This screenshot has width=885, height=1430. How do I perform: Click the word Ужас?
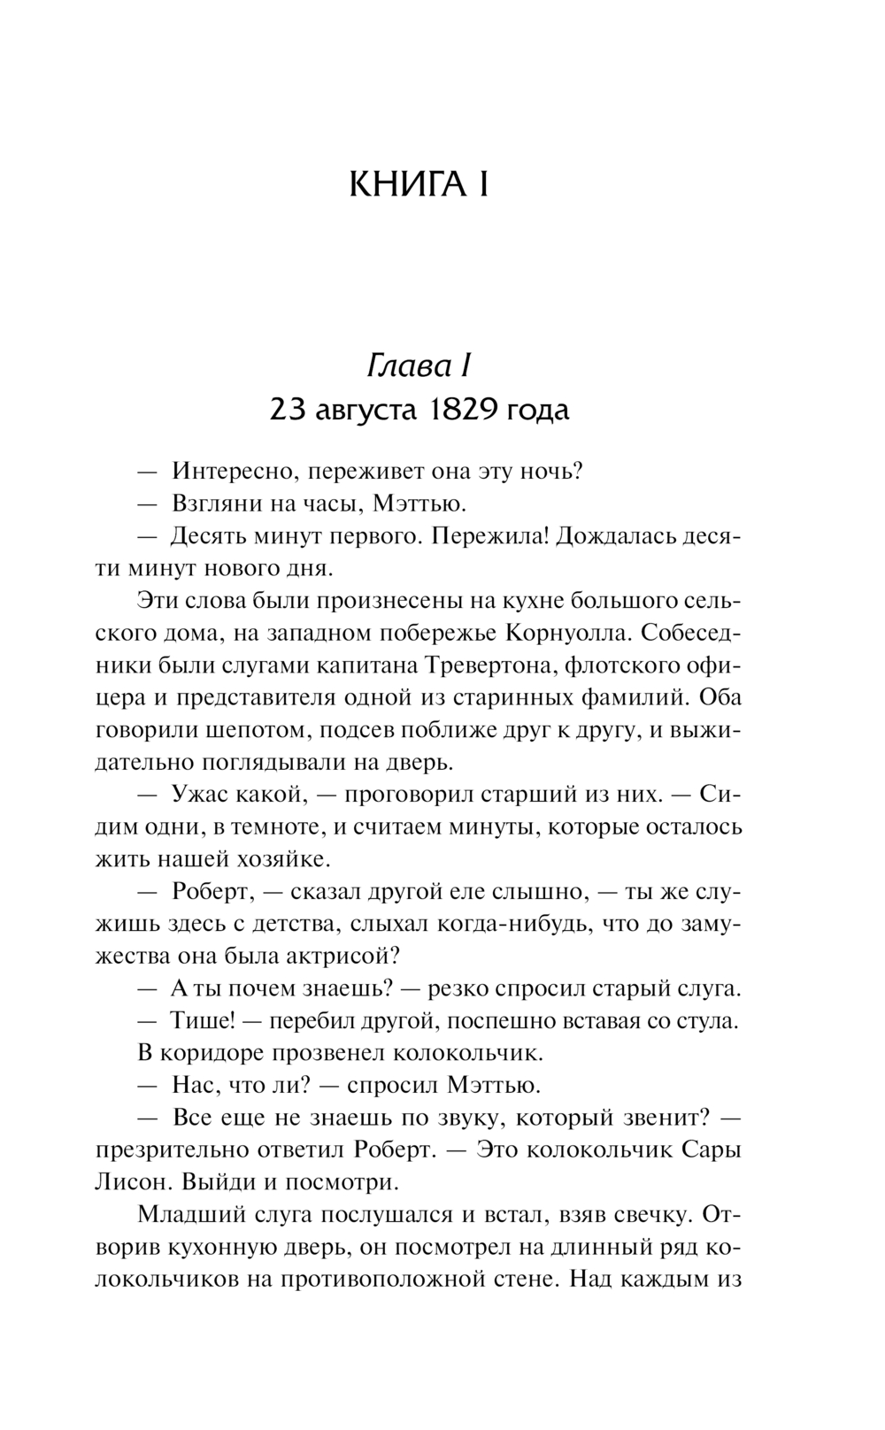click(x=200, y=795)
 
